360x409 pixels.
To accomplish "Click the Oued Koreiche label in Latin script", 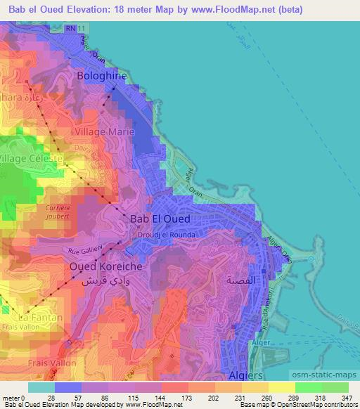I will pyautogui.click(x=106, y=267).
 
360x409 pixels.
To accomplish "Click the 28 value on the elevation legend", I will pyautogui.click(x=55, y=398).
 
